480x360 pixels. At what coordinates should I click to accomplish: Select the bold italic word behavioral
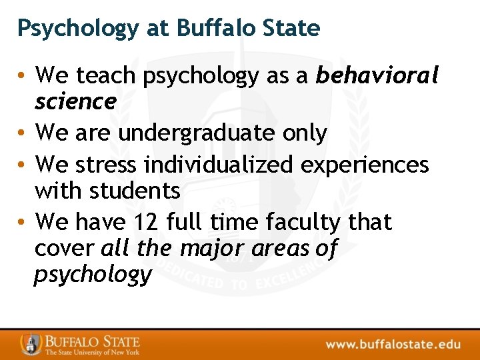(377, 76)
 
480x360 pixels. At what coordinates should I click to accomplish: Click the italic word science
(75, 102)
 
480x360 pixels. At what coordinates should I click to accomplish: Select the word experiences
(363, 164)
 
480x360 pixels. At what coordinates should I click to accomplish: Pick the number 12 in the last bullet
(150, 221)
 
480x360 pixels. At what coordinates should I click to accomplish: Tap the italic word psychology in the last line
(93, 275)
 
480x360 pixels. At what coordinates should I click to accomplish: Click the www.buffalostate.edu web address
(393, 344)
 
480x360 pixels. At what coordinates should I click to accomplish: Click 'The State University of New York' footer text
(92, 352)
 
